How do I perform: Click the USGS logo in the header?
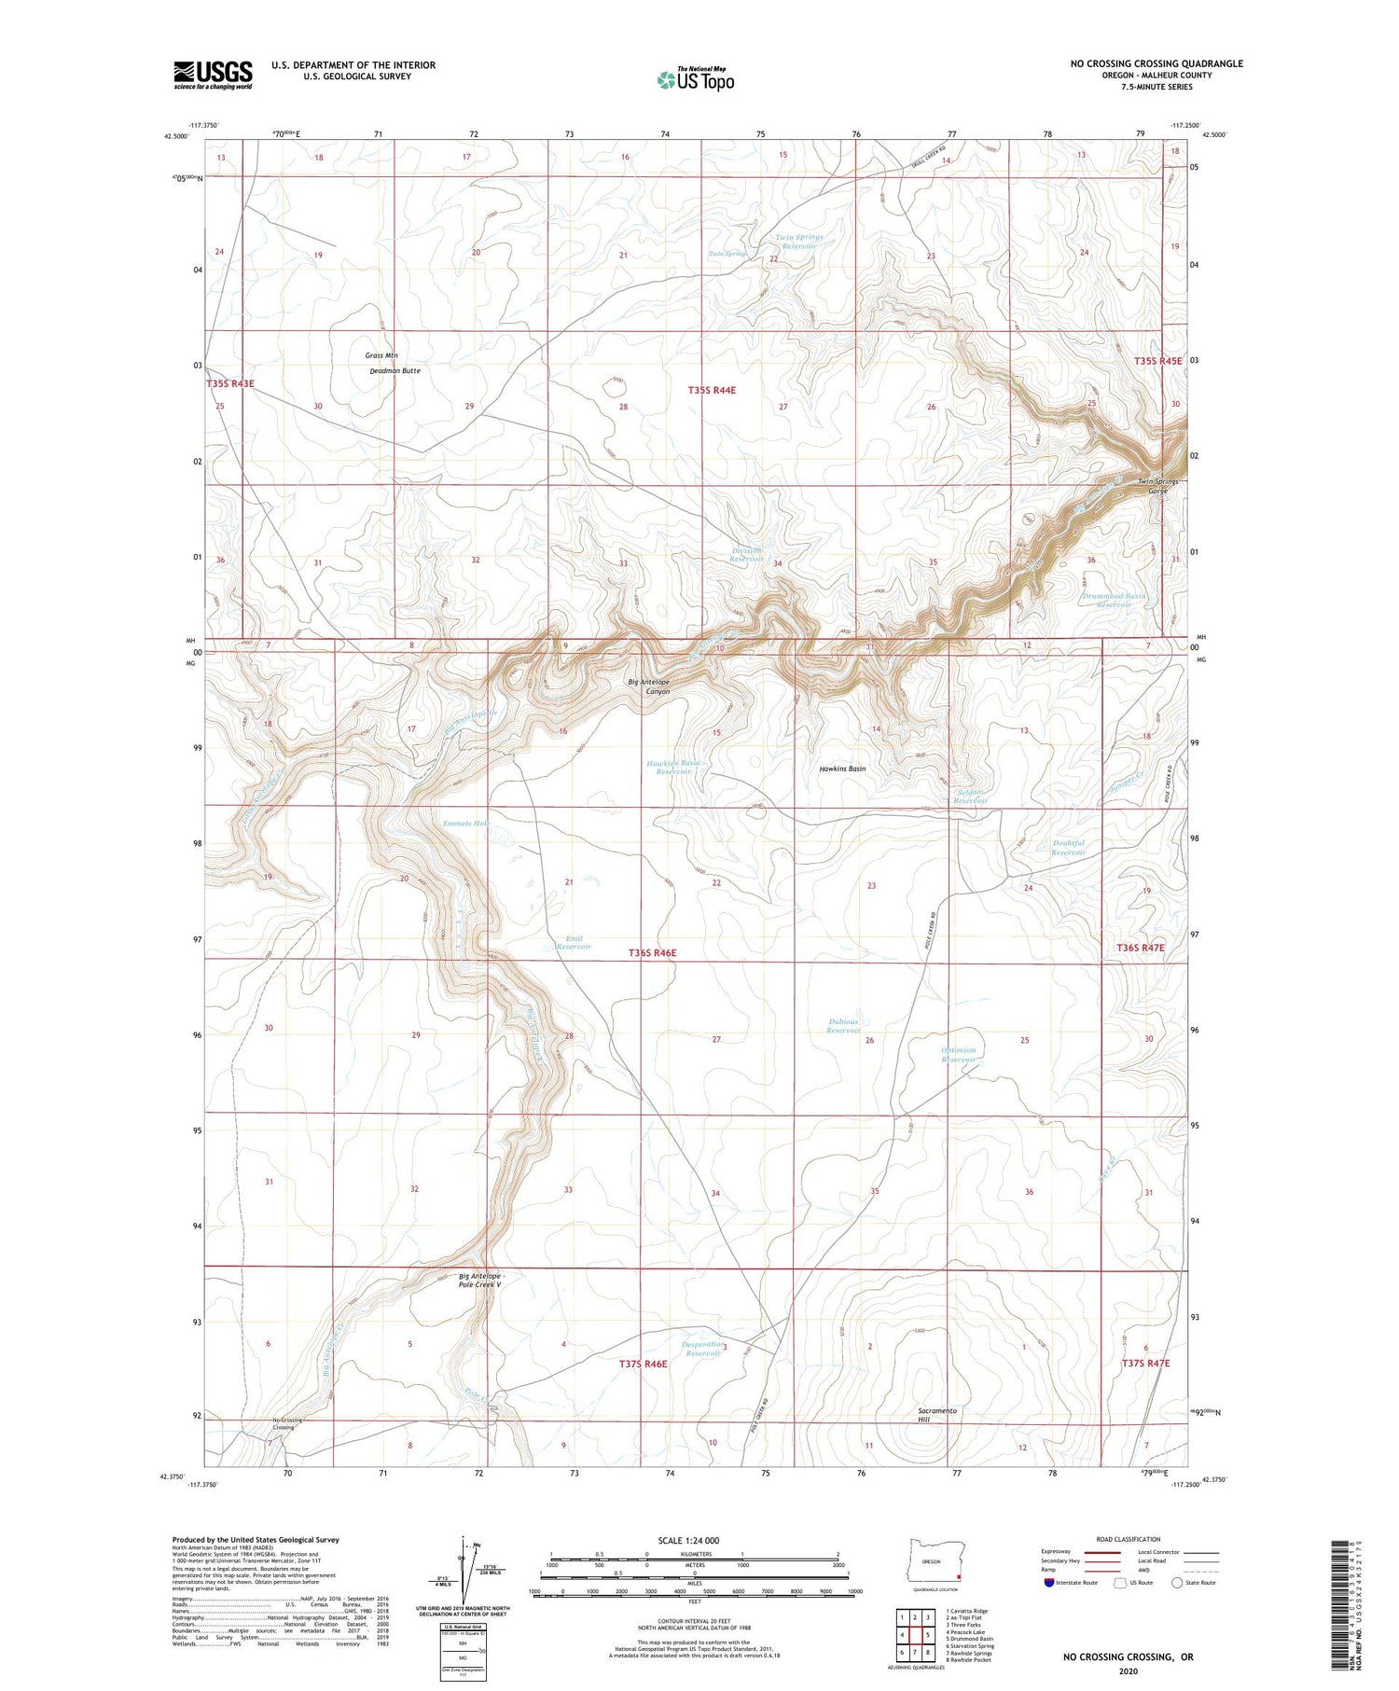click(x=213, y=75)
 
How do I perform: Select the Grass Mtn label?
click(x=381, y=355)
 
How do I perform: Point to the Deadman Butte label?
click(x=395, y=370)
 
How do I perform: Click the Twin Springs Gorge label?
click(x=1157, y=486)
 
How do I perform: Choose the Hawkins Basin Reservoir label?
click(x=673, y=767)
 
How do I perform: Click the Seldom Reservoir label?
click(x=971, y=797)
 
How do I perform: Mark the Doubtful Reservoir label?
click(x=1068, y=848)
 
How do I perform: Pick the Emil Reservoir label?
click(x=573, y=942)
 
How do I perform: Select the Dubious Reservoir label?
click(x=843, y=1026)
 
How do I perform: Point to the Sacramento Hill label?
click(x=936, y=1415)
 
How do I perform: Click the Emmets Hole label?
click(x=466, y=824)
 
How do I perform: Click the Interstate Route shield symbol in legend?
click(x=1049, y=1583)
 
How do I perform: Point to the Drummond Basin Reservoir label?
click(x=1114, y=600)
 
